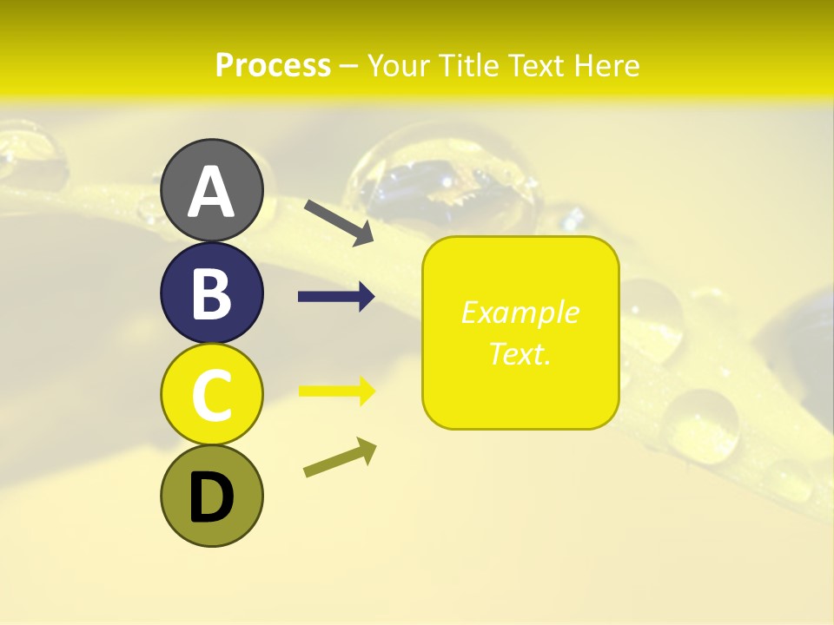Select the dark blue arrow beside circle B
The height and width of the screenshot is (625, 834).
click(336, 297)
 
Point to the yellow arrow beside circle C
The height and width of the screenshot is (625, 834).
click(336, 391)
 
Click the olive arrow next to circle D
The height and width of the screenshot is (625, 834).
click(340, 457)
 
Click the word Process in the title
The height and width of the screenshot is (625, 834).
click(273, 65)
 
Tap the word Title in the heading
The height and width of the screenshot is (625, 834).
click(469, 65)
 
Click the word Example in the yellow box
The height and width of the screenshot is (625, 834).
click(520, 312)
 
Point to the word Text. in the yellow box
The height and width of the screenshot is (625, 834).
click(520, 353)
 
